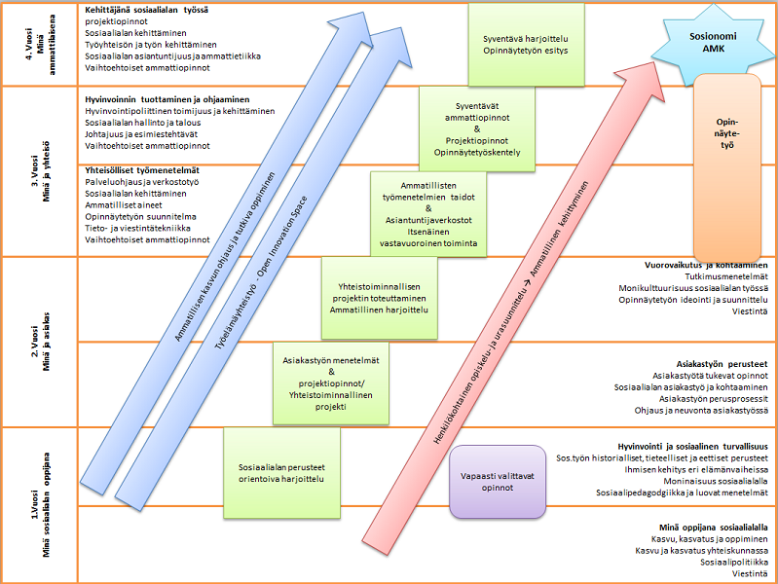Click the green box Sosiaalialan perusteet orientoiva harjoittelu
tap(280, 473)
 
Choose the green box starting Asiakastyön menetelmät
tap(332, 383)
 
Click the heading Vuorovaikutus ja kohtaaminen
tap(706, 265)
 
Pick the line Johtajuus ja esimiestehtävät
tap(142, 134)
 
